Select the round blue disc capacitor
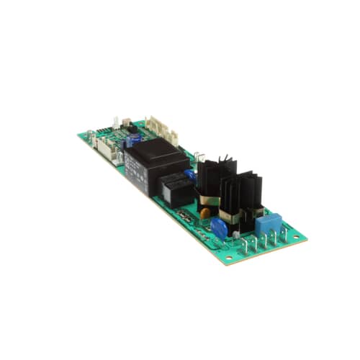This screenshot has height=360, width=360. point(219,226)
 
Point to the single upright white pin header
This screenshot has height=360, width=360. point(116,122)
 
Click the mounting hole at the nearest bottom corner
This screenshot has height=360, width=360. point(228,257)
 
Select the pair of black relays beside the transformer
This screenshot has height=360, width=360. point(176,189)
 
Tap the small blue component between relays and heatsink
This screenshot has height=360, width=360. point(190,174)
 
